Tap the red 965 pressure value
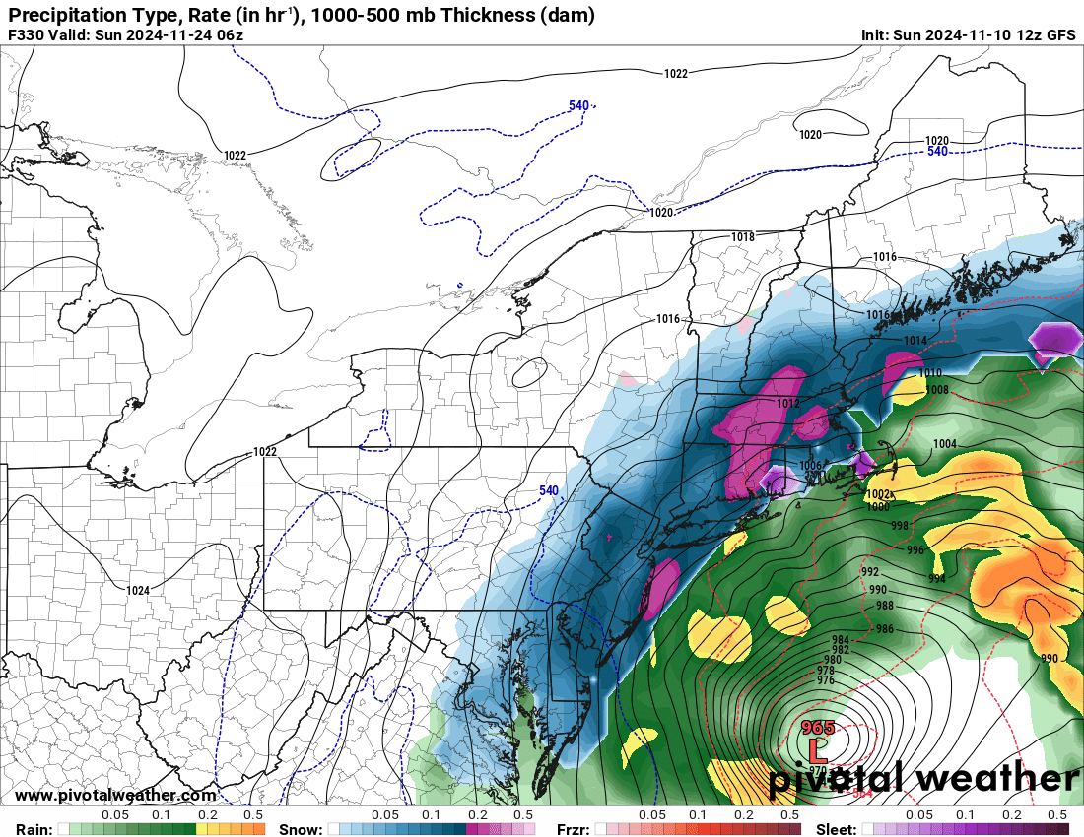point(818,728)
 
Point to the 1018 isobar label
point(743,237)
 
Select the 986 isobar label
point(884,629)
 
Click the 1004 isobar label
point(944,444)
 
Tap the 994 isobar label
point(936,579)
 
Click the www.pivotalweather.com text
point(115,795)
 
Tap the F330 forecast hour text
point(27,34)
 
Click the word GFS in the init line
point(1059,34)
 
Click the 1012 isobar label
point(787,404)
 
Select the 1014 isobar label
point(915,341)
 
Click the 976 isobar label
point(826,680)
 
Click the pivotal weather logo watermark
point(923,778)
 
